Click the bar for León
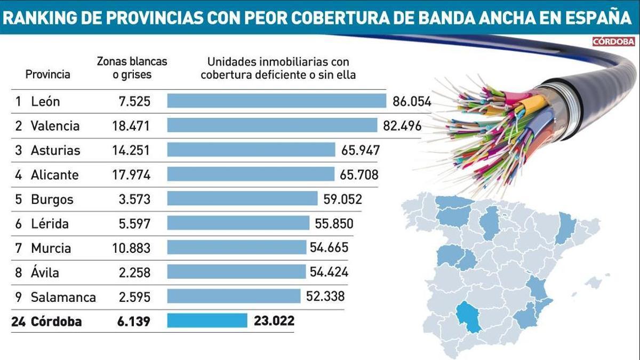tap(276, 101)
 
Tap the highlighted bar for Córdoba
tap(207, 321)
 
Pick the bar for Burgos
tap(242, 199)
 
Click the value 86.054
tap(411, 101)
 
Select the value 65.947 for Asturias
tap(361, 150)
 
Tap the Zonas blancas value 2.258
tap(134, 273)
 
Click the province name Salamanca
tap(63, 297)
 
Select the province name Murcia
tap(51, 248)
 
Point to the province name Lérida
tap(50, 223)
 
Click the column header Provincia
tap(48, 74)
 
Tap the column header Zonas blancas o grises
tap(132, 68)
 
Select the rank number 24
tap(19, 322)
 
